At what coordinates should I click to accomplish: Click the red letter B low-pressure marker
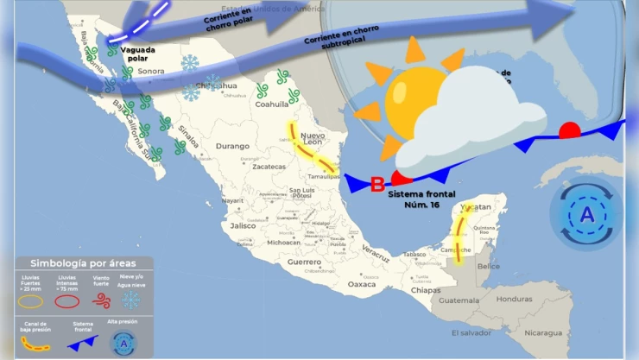[377, 184]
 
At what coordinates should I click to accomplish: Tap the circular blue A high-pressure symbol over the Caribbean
[586, 214]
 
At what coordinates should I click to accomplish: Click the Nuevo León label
[313, 140]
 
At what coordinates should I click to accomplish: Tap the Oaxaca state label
[362, 283]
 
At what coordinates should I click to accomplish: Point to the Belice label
[489, 266]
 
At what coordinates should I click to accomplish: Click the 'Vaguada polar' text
[139, 54]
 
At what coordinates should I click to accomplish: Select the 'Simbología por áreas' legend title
[79, 262]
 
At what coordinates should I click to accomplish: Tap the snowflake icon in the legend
[131, 300]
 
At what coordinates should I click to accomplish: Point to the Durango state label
[231, 146]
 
